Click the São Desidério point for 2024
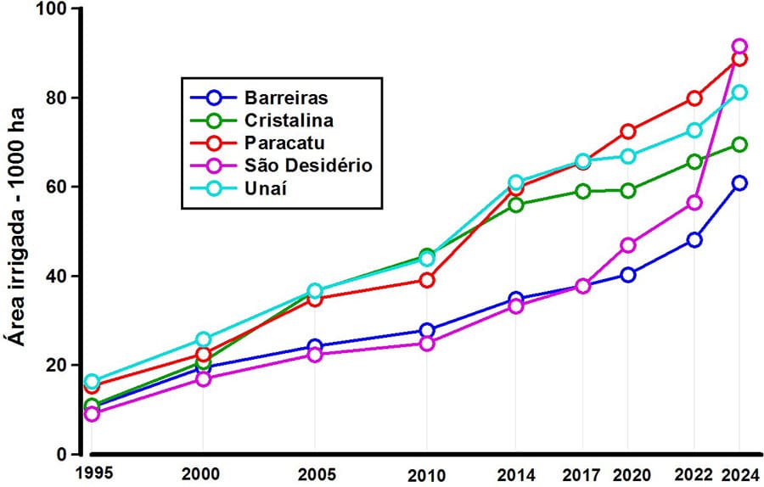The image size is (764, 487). (739, 47)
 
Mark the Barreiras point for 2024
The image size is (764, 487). (739, 183)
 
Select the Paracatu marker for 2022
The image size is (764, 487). (694, 98)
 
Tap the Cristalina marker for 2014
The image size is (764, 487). (515, 204)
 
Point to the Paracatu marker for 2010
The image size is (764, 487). (426, 280)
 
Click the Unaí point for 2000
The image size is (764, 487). (203, 339)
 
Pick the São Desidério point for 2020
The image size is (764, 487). (628, 245)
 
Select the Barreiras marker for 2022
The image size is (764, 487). (694, 240)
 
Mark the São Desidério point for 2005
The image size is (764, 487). (315, 355)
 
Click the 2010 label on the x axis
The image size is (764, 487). (426, 471)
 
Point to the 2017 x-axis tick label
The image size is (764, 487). (583, 471)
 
